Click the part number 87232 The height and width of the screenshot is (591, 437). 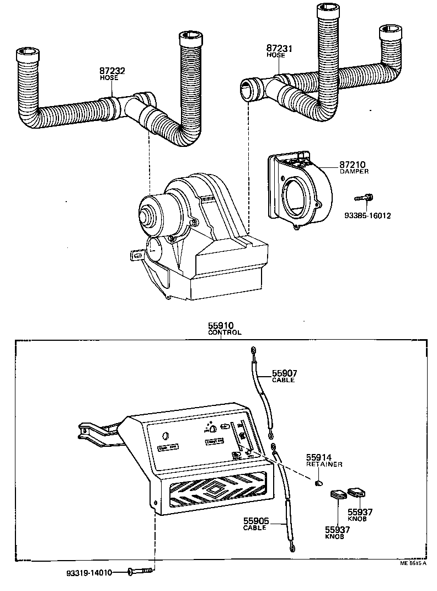click(112, 71)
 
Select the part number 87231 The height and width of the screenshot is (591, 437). click(280, 49)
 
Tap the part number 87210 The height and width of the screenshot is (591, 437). click(353, 165)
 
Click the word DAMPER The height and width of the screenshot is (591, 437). click(354, 172)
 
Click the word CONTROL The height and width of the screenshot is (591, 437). click(224, 334)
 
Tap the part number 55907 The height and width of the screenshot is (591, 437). click(285, 373)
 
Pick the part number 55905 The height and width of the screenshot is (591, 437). click(255, 521)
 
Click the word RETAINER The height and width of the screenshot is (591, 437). click(324, 465)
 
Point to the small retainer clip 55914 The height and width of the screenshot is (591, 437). click(318, 484)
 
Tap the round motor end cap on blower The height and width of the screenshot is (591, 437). click(147, 216)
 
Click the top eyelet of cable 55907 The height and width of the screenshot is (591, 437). click(253, 350)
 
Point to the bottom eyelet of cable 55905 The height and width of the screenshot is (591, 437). click(292, 547)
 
